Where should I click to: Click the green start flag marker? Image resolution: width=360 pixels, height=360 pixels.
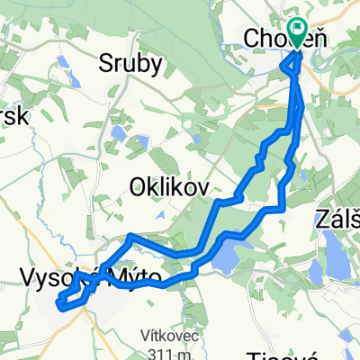(x=297, y=31)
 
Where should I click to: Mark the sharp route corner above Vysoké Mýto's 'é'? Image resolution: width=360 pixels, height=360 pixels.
(x=131, y=235)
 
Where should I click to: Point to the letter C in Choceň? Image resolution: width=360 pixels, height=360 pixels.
(x=254, y=39)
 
